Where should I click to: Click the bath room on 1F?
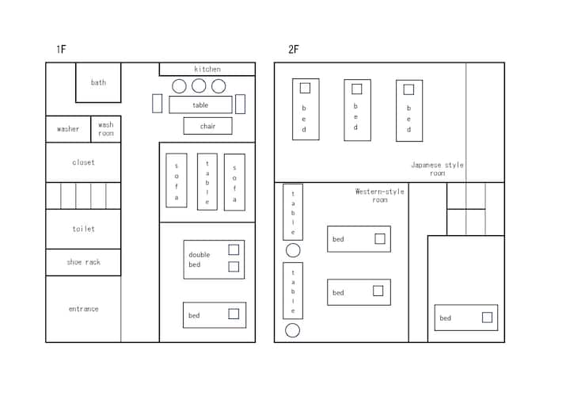click(x=98, y=82)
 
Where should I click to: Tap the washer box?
click(x=68, y=129)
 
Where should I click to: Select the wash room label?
click(x=106, y=129)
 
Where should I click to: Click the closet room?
click(x=83, y=162)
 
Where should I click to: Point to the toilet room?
click(x=83, y=229)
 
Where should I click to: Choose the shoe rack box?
click(x=83, y=262)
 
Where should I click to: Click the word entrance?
click(x=84, y=309)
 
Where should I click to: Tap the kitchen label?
click(x=207, y=69)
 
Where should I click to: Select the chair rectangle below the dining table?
click(x=207, y=126)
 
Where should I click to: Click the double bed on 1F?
click(x=214, y=260)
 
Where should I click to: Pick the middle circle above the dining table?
click(x=199, y=86)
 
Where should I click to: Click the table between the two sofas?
click(x=207, y=181)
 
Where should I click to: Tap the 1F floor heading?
click(x=61, y=49)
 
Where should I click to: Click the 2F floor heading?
click(x=294, y=49)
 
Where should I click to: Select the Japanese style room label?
click(x=437, y=169)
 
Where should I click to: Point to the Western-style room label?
click(x=379, y=196)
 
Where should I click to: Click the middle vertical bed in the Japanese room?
click(x=357, y=110)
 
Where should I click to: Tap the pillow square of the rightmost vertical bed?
click(x=408, y=89)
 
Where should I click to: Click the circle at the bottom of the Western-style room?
click(x=293, y=331)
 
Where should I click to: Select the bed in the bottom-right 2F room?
click(x=466, y=317)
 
